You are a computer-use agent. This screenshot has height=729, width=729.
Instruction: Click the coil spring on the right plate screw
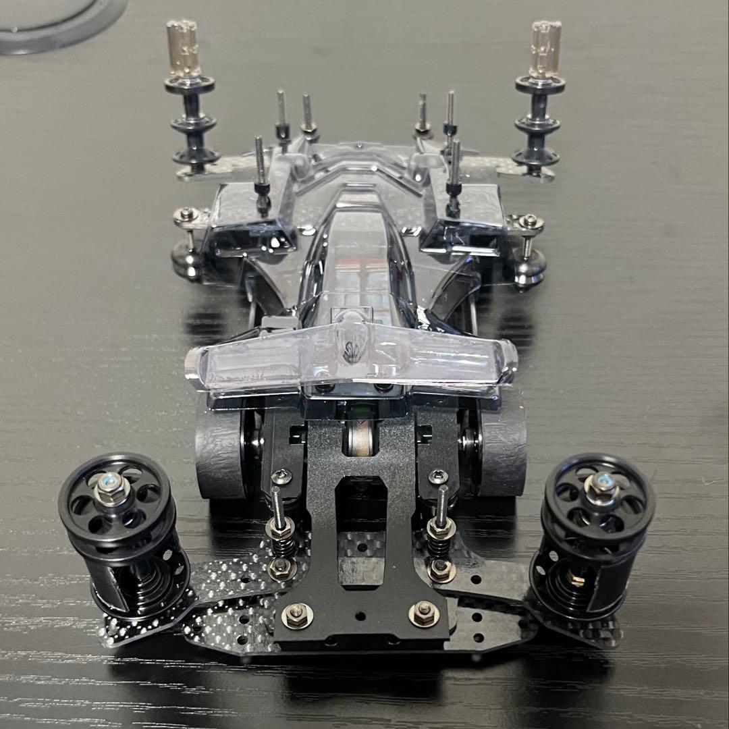click(x=439, y=534)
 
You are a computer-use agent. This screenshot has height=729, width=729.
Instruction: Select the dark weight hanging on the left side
click(x=185, y=260)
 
